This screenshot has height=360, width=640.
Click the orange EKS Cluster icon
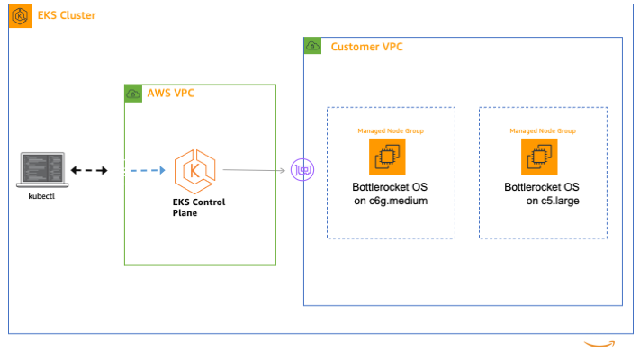20,16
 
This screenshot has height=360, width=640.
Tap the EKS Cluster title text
67,15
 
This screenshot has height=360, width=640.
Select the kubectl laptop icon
42,170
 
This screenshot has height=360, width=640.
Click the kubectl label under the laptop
41,196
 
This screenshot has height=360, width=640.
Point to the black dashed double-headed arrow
89,170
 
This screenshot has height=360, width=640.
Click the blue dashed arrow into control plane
148,170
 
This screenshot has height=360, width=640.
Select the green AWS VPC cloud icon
133,94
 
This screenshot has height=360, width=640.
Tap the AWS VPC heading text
171,93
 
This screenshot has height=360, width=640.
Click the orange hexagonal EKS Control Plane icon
194,171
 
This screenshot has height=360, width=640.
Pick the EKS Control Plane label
199,207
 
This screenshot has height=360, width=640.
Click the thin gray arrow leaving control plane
254,170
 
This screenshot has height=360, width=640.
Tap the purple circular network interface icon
302,170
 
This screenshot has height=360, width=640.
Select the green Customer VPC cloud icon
312,46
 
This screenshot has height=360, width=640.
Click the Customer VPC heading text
366,47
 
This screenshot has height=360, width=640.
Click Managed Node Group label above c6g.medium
391,131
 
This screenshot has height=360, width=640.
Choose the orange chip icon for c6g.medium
387,157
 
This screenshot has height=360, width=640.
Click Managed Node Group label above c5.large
543,131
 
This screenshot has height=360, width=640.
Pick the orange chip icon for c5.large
539,157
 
